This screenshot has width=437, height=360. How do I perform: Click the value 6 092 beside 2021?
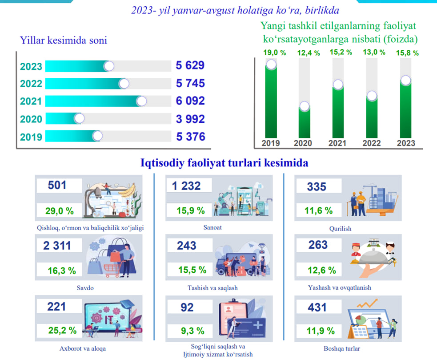[190, 101]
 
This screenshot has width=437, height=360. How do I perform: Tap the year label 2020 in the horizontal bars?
[31, 119]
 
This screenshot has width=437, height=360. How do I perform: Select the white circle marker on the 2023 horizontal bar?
[108, 66]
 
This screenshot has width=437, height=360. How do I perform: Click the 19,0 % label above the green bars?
[271, 52]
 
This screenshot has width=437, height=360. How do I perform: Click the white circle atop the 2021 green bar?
[338, 85]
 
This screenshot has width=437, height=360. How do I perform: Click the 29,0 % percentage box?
[59, 210]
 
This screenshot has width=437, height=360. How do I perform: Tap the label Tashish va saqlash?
[212, 288]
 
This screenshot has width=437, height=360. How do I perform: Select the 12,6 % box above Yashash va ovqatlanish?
[320, 270]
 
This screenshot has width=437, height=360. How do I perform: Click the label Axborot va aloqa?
[83, 348]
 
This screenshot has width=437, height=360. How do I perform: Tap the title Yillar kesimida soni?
[64, 40]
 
